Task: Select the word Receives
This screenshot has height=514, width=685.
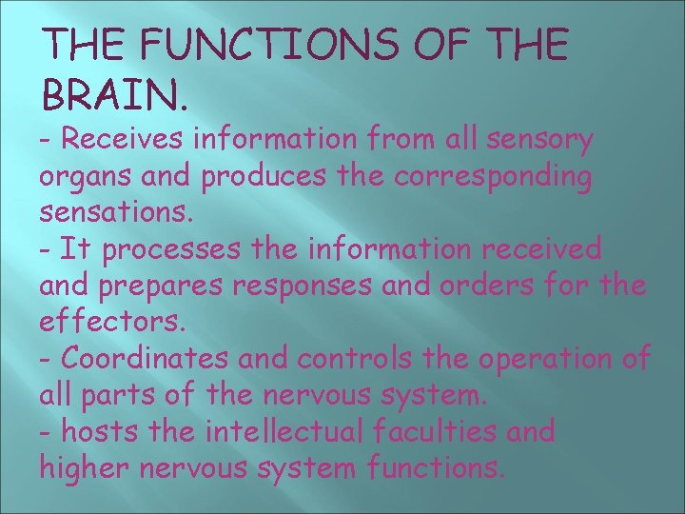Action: (123, 141)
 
